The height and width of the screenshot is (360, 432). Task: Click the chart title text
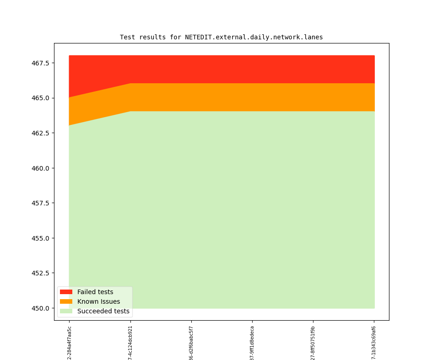(221, 37)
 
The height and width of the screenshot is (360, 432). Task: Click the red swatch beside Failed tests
(66, 292)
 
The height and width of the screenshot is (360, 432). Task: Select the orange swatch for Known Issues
(66, 301)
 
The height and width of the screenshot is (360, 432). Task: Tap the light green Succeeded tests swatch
(66, 311)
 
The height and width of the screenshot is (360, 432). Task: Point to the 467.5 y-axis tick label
(40, 63)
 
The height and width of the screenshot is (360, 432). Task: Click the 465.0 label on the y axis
(40, 98)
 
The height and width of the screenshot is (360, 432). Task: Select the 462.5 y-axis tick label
(40, 133)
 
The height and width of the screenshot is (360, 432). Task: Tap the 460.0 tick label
(40, 168)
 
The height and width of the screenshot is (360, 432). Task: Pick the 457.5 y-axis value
(40, 203)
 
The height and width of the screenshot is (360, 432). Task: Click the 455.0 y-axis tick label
(40, 238)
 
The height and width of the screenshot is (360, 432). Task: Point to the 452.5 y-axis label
(40, 273)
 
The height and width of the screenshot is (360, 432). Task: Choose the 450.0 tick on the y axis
(40, 308)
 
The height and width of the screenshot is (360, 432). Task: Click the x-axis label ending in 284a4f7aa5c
(70, 342)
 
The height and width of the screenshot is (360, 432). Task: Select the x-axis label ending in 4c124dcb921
(130, 342)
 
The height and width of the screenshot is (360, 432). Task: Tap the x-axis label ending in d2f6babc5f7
(191, 342)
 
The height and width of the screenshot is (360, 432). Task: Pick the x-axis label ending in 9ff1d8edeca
(252, 342)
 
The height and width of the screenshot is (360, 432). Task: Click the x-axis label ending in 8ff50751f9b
(313, 342)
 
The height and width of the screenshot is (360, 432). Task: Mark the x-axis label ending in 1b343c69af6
(374, 342)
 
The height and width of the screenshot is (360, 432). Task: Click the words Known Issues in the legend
(98, 301)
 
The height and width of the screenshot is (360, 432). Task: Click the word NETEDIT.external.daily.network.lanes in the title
(254, 37)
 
